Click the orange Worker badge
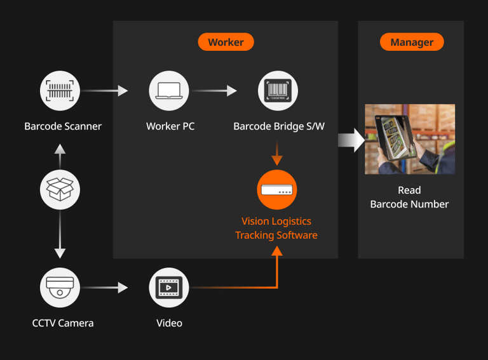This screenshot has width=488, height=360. pos(226,42)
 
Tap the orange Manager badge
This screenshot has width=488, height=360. pos(412,42)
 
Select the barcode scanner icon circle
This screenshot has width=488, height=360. pos(60,91)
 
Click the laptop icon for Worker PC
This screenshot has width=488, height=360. pos(169,91)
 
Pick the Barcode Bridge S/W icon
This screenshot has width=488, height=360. pos(278,91)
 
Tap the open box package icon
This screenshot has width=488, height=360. pos(60,190)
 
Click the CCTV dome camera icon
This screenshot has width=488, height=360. pos(60,288)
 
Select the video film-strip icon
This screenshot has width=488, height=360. pos(169,288)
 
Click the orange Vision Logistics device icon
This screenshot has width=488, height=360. pos(277,190)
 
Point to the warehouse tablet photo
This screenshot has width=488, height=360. pos(410,139)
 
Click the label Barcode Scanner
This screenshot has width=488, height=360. pos(63,126)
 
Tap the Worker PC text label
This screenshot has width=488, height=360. pos(170,126)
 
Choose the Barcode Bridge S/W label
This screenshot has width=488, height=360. pos(279,126)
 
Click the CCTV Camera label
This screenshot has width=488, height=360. pos(63,323)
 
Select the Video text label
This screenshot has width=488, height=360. pos(169,323)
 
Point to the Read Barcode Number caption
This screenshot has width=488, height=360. pos(410,197)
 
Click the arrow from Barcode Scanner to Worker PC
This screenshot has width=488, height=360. pos(105,91)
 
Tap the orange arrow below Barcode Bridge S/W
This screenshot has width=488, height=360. pos(277,153)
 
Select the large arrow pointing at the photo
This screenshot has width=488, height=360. pos(351,140)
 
